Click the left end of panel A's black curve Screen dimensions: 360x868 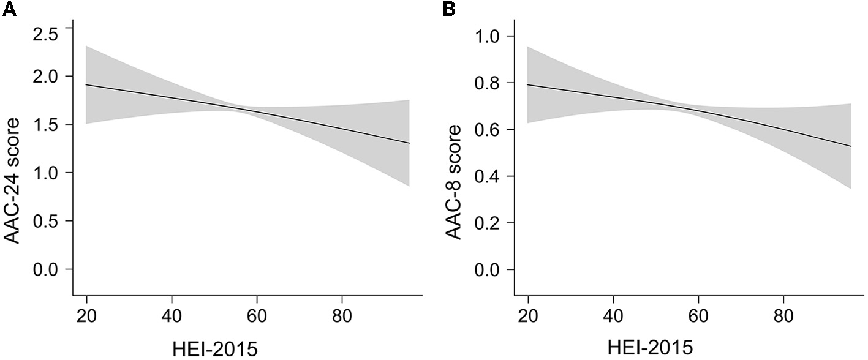click(86, 84)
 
